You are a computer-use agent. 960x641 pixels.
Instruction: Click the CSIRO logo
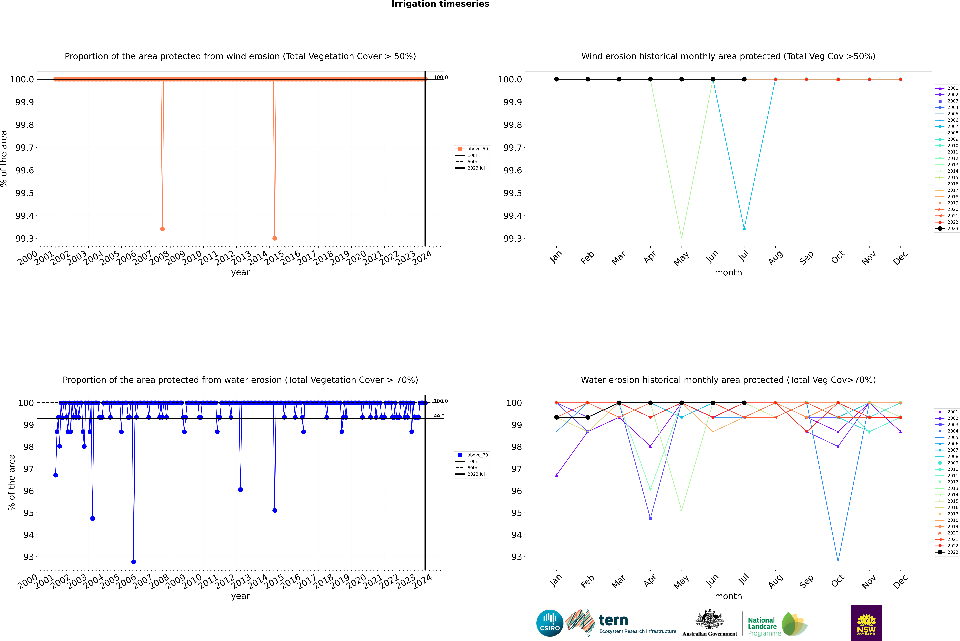point(550,623)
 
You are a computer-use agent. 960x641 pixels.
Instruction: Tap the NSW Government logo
point(866,623)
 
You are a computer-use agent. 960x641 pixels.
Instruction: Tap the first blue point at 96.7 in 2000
point(56,475)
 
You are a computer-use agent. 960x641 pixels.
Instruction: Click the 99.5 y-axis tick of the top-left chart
point(25,193)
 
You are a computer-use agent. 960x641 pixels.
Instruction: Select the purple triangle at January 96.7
point(557,475)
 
